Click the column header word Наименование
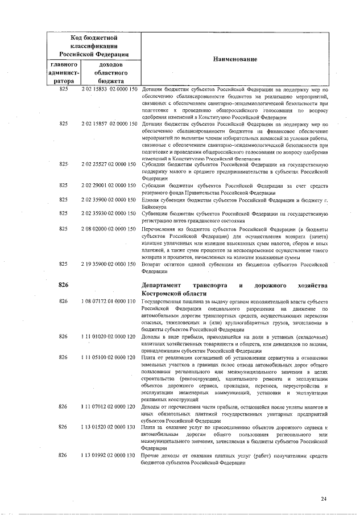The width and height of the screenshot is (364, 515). tap(235, 59)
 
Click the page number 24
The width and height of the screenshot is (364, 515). tap(324, 499)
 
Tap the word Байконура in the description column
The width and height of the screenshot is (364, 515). tap(155, 207)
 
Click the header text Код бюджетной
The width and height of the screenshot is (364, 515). tap(93, 36)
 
